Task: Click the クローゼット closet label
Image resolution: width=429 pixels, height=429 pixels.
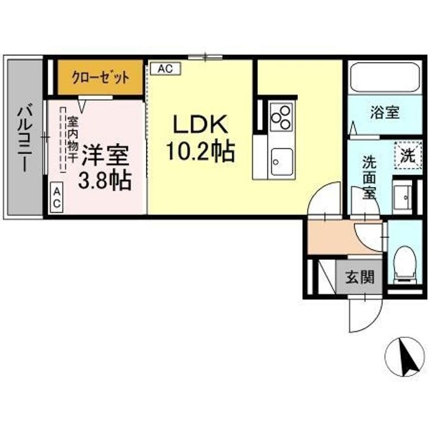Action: (101, 77)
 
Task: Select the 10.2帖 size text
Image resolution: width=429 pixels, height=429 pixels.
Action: (200, 152)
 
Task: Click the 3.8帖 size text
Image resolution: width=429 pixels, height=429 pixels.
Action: (105, 181)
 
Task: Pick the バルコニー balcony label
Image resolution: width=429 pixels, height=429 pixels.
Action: (24, 137)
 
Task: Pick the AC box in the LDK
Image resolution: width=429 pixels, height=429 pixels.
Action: (165, 69)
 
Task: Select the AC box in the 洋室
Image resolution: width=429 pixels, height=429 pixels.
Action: (57, 198)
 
